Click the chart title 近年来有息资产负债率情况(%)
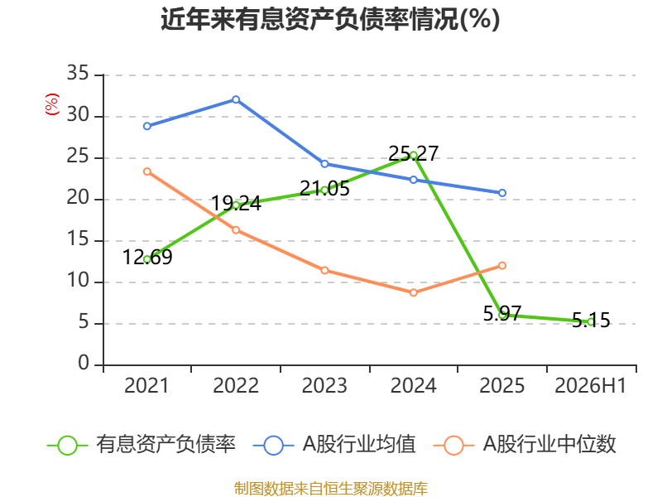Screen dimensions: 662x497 (330, 19)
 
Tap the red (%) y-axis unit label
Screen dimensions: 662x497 (52, 104)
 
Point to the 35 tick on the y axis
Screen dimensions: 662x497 (78, 74)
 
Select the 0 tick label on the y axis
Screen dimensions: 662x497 (84, 364)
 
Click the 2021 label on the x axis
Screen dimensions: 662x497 (146, 385)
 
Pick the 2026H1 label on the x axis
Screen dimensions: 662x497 (590, 385)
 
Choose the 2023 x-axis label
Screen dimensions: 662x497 (324, 385)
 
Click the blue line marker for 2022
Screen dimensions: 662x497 (236, 99)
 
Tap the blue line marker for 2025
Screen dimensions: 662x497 (502, 193)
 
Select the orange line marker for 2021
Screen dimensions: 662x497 (147, 171)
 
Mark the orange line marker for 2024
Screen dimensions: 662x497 (413, 292)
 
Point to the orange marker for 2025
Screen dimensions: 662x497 (502, 265)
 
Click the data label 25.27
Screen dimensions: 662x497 (413, 153)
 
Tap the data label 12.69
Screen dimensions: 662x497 (147, 257)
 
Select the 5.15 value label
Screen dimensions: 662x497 (591, 320)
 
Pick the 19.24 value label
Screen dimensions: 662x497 (236, 203)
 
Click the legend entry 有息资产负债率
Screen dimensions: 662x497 (141, 445)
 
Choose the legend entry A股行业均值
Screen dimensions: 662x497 (334, 445)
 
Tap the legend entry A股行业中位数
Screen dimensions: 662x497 (525, 445)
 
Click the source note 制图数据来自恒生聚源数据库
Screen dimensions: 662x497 (330, 488)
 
